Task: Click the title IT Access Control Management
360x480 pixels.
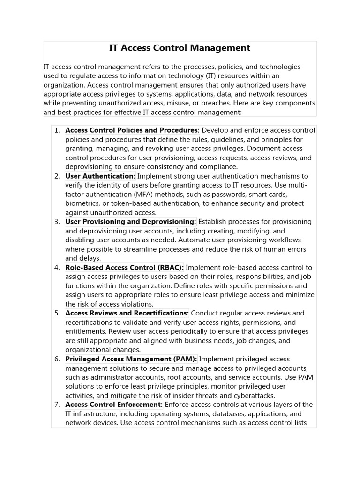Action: pos(180,48)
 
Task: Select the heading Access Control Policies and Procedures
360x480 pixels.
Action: pos(132,130)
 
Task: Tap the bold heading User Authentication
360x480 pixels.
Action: pos(100,176)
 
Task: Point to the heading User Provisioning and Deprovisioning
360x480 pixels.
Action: pos(130,222)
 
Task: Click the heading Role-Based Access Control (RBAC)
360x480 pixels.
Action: pos(124,268)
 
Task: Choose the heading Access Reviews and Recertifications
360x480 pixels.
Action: pos(127,313)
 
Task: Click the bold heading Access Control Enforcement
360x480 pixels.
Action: pos(114,405)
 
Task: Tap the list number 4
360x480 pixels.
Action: pos(57,268)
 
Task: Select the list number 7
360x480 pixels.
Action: pos(57,405)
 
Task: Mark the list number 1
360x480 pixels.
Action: pos(57,130)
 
